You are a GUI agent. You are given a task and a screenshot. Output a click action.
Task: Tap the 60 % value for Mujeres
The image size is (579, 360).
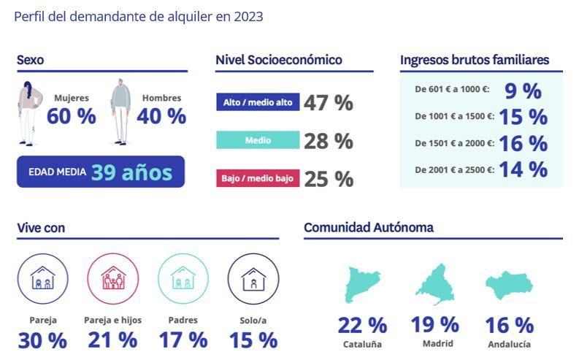71,116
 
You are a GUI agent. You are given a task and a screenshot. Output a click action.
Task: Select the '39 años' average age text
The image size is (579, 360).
131,172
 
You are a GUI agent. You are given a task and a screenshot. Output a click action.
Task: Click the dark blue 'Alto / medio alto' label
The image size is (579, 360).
258,102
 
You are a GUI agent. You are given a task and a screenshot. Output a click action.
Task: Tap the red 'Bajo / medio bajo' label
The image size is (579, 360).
258,178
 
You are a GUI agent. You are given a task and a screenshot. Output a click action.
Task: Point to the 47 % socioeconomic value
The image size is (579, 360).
329,103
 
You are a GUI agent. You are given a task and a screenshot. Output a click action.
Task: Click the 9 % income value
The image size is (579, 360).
523,91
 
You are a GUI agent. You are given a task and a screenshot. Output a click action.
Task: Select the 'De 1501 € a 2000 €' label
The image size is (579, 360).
454,143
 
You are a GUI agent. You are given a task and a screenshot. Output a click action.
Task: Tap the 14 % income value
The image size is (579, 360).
523,169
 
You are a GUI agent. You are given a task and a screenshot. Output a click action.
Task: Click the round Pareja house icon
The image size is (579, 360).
42,278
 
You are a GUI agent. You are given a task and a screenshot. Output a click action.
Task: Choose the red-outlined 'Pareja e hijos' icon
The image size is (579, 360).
112,278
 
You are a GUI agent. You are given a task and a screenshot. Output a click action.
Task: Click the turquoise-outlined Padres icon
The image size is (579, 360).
183,278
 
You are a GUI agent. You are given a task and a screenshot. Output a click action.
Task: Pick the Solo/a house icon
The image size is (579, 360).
253,278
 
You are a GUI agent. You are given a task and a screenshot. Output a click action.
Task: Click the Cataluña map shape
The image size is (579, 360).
362,286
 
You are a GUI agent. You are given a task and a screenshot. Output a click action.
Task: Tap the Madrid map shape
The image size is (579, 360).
435,286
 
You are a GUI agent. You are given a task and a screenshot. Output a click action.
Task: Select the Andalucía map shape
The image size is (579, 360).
510,286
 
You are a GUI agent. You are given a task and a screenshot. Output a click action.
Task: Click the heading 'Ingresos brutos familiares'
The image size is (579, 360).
475,60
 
